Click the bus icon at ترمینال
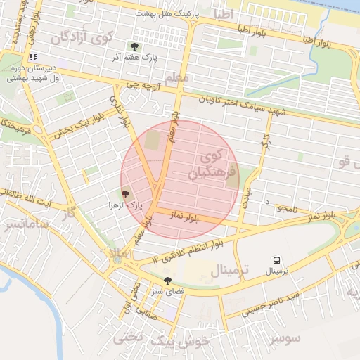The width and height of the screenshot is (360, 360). pyautogui.click(x=276, y=259)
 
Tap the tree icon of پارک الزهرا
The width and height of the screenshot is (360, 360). pyautogui.click(x=125, y=194)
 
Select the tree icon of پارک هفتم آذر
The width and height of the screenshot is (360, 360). pyautogui.click(x=134, y=46)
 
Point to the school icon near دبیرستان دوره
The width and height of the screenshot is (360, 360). pyautogui.click(x=32, y=58)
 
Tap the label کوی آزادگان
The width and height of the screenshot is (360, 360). pyautogui.click(x=78, y=32)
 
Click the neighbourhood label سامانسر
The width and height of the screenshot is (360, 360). pyautogui.click(x=25, y=224)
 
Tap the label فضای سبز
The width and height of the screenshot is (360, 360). pyautogui.click(x=169, y=290)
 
